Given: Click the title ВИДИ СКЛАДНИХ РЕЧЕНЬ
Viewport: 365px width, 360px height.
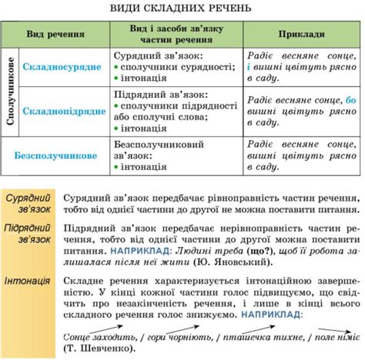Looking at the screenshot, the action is click(182, 9).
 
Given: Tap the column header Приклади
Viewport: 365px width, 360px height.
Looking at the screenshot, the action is click(301, 36).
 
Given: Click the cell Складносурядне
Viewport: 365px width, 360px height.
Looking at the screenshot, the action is click(62, 68).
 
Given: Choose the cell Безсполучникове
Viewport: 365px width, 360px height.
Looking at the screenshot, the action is click(55, 155).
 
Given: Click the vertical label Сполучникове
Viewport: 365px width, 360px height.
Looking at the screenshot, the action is click(9, 91).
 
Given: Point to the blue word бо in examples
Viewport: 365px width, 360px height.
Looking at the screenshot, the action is click(351, 100).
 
